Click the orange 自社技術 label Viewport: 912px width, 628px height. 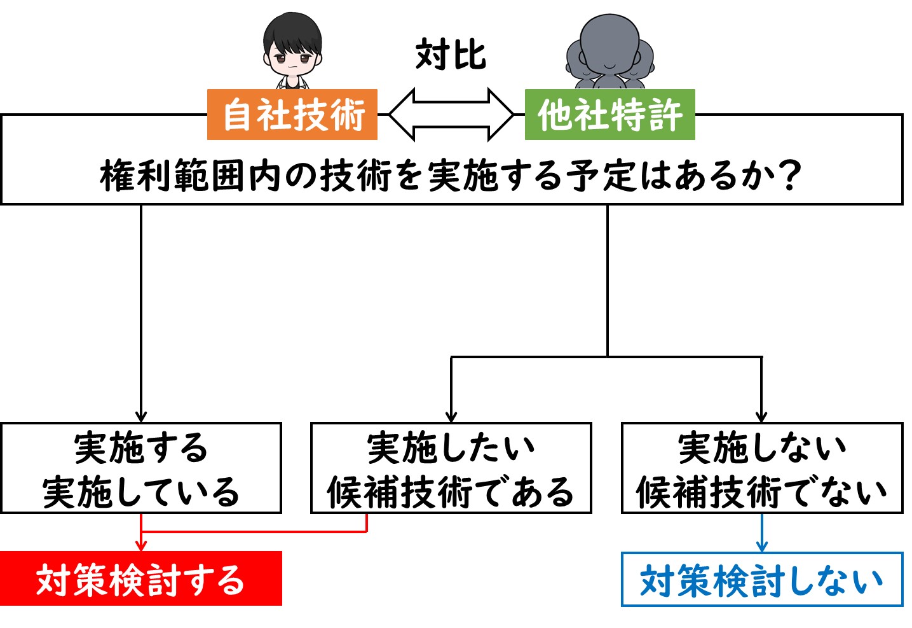pos(292,115)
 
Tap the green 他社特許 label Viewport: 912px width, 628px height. pos(609,115)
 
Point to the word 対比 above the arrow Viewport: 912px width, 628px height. pos(451,54)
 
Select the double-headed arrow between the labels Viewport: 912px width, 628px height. pos(451,115)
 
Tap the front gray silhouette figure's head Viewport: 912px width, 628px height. pos(609,44)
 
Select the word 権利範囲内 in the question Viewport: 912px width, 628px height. pos(190,176)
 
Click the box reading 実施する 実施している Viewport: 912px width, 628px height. pos(141,468)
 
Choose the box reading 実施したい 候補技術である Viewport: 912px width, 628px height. pos(451,468)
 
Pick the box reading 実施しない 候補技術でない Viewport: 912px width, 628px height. pos(762,468)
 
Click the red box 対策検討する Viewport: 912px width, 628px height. pos(141,578)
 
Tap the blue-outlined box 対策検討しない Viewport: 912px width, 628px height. pos(762,579)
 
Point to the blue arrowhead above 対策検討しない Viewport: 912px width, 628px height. pos(762,546)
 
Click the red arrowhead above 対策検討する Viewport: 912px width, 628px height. pos(141,545)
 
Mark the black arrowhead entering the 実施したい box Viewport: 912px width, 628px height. pos(451,417)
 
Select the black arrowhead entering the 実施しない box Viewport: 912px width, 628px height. pos(761,417)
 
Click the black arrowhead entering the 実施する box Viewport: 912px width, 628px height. pos(141,417)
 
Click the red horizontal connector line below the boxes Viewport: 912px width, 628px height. pos(254,531)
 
